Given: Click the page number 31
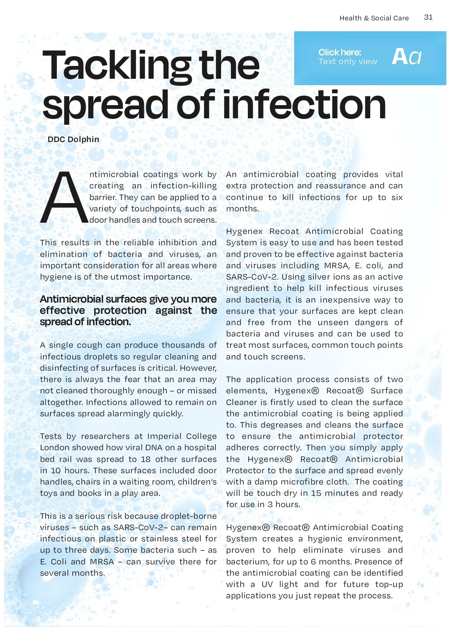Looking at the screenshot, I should click(428, 17).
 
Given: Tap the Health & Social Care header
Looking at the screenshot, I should click(374, 18).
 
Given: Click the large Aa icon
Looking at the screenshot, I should click(406, 57).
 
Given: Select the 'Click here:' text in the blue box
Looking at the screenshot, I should click(339, 52).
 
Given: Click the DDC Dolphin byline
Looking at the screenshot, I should click(73, 139).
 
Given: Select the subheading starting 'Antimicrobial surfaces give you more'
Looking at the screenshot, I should click(128, 310).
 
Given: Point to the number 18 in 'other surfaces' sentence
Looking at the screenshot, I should click(146, 459).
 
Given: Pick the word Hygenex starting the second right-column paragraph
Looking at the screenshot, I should click(244, 231).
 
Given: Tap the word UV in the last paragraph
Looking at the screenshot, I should click(267, 584).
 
